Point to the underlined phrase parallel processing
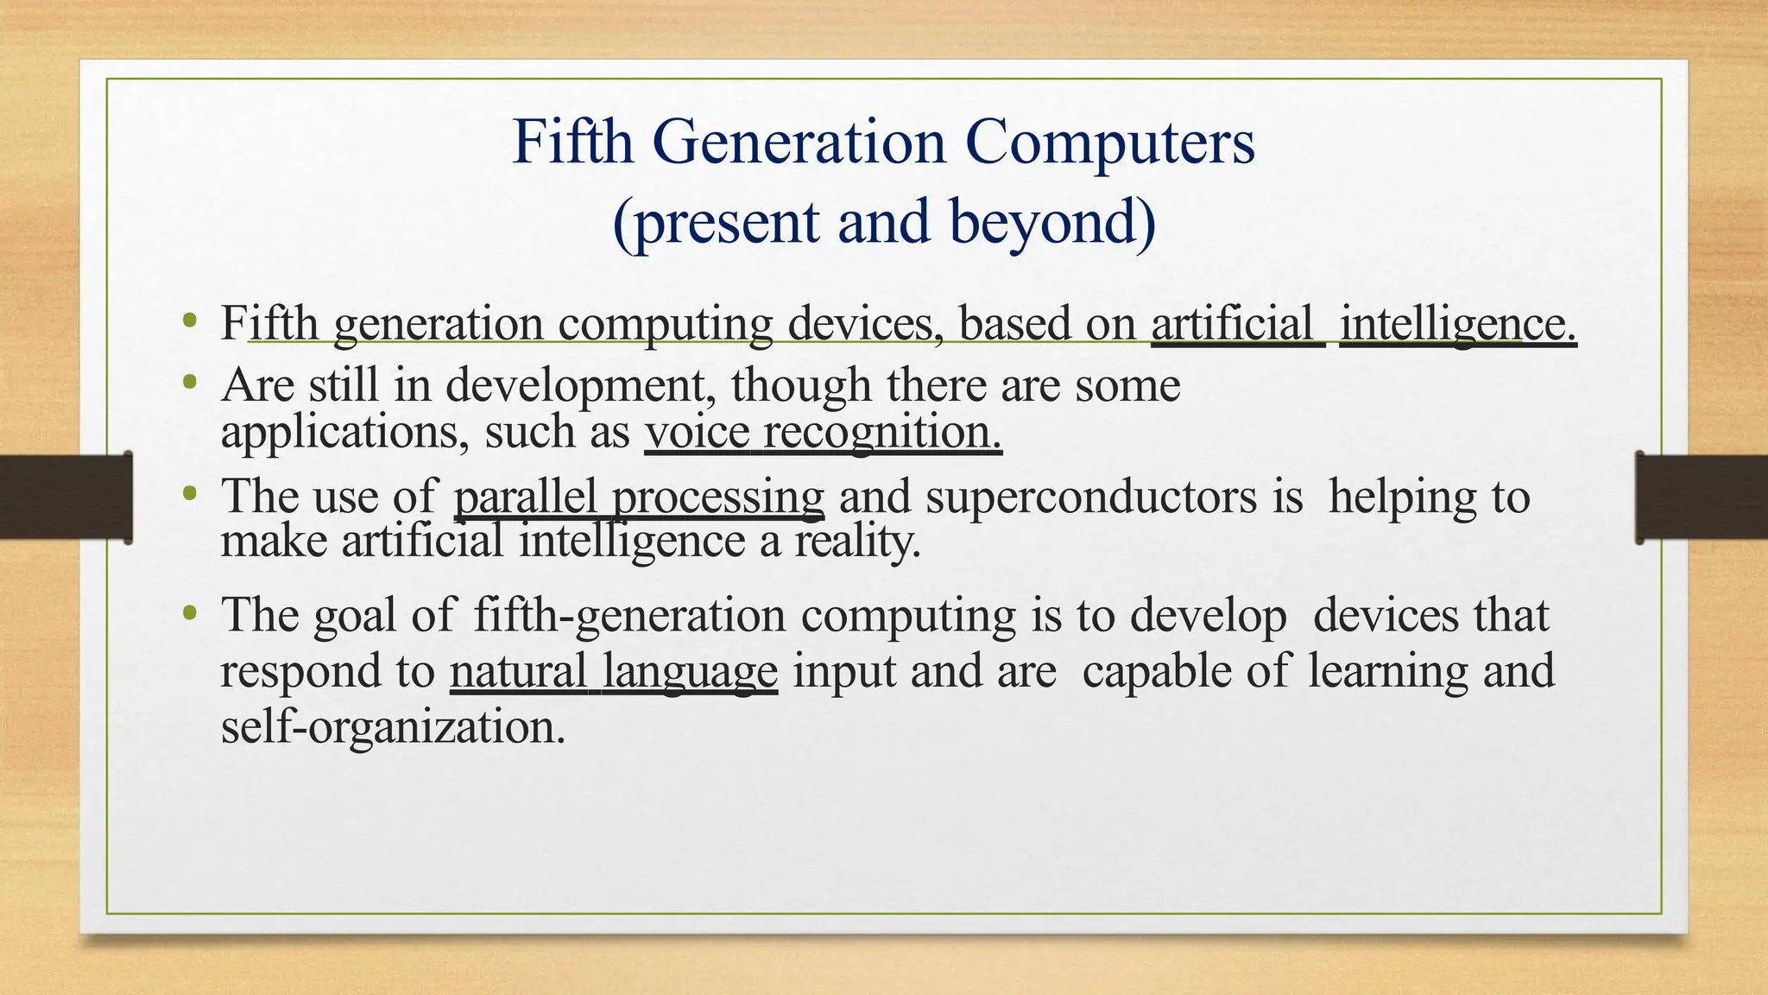(639, 497)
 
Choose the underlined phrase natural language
(613, 672)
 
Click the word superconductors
(1091, 497)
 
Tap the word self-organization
(393, 726)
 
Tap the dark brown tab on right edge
(1702, 497)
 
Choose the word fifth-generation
(629, 616)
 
